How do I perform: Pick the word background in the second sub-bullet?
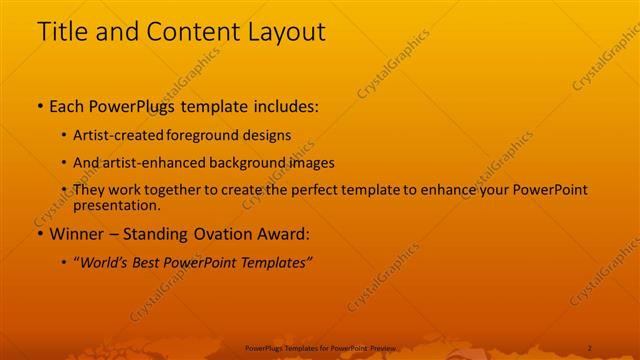(252, 162)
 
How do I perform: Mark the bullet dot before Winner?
(39, 234)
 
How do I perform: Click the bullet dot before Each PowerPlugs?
(39, 105)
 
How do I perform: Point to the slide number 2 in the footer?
(589, 347)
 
